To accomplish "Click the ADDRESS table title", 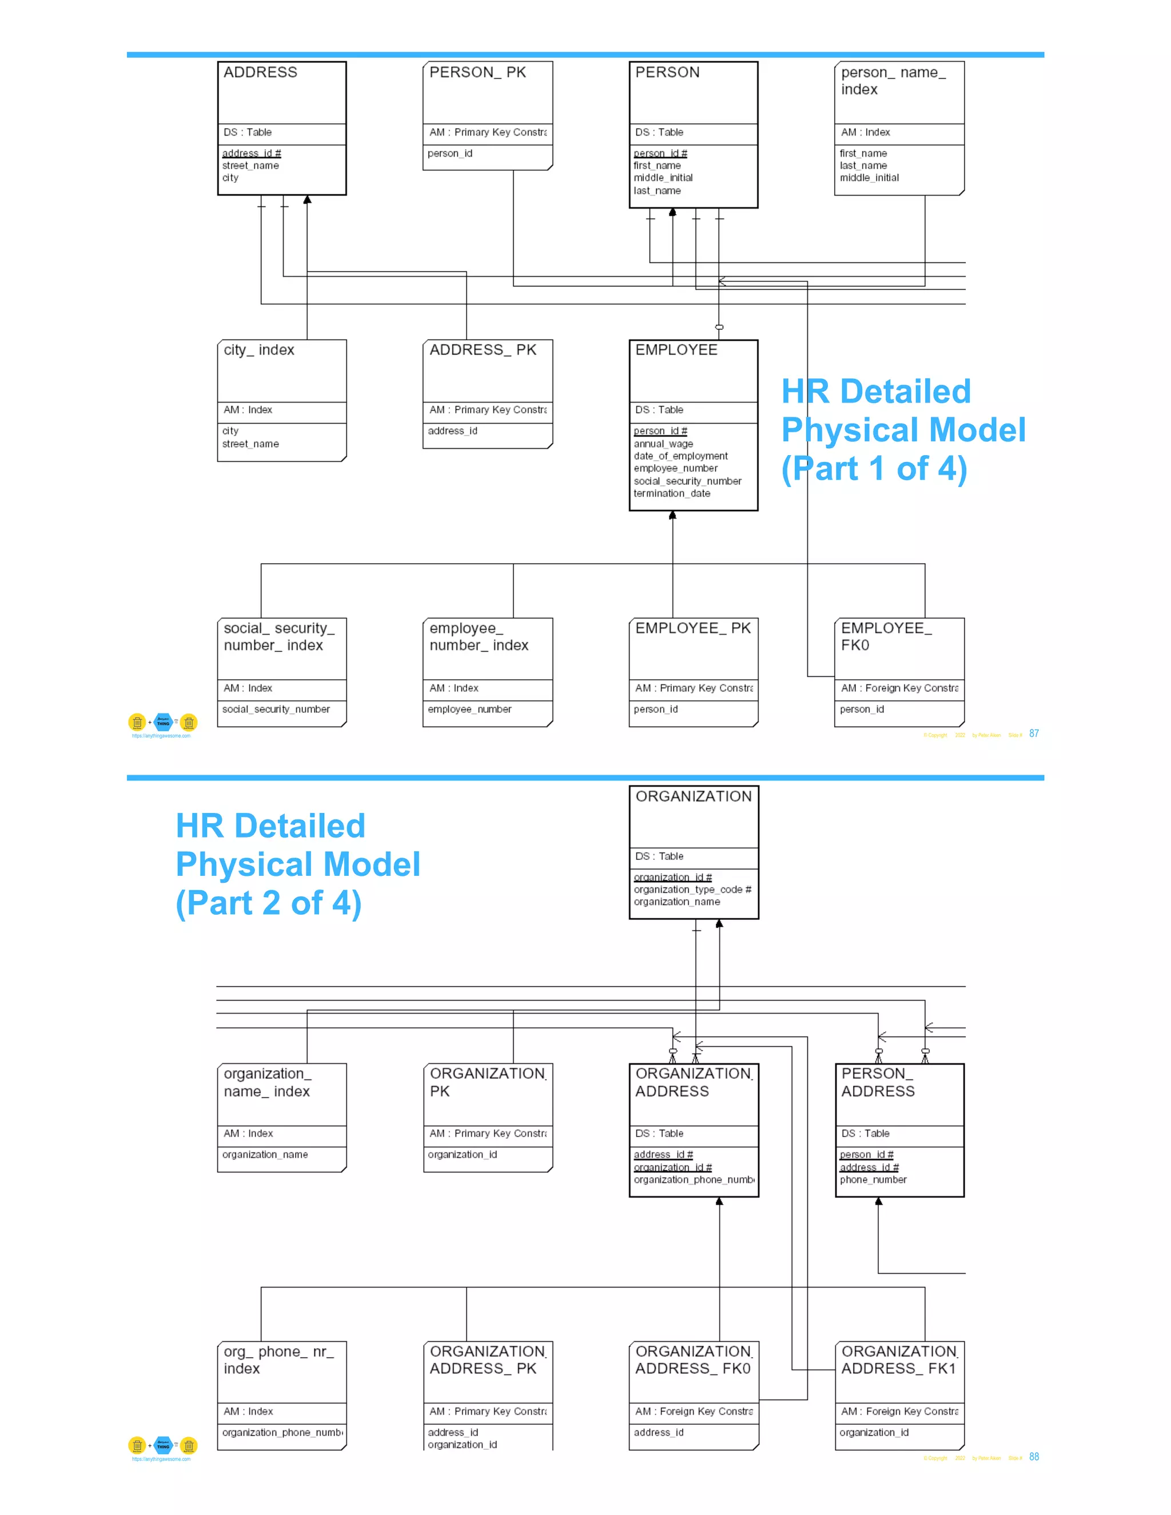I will [x=260, y=72].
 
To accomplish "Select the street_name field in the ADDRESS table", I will [x=250, y=166].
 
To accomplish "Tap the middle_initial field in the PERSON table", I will [x=663, y=178].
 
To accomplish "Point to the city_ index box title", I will [x=259, y=350].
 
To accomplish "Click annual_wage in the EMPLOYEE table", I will [x=663, y=444].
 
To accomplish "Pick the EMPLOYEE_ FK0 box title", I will [x=886, y=637].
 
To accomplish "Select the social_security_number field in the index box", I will [x=276, y=709].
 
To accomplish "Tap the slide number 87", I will [x=1034, y=734].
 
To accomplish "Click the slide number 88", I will [x=1034, y=1457].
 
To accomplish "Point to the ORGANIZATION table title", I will [x=693, y=796].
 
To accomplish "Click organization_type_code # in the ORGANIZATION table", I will [x=692, y=890].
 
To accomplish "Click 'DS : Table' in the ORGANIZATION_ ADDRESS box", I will [x=659, y=1134].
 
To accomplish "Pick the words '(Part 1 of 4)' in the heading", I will [x=874, y=469].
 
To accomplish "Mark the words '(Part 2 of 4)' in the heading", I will [x=269, y=903].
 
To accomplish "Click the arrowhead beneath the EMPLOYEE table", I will [x=672, y=516].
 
